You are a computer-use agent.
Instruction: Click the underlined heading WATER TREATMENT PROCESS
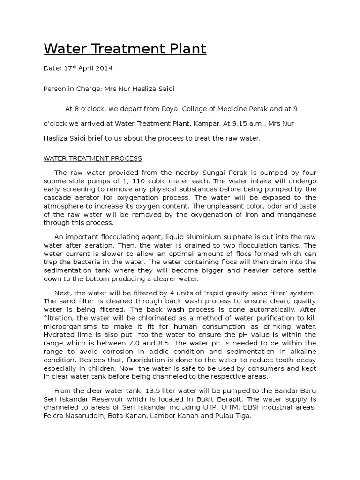tap(93, 158)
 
